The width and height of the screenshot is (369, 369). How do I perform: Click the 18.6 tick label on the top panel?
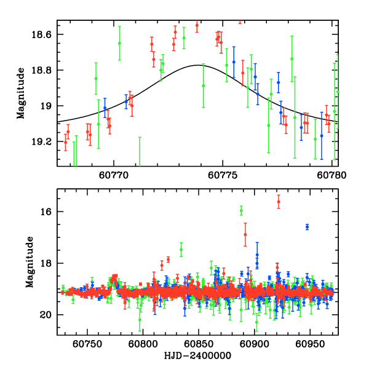pyautogui.click(x=43, y=34)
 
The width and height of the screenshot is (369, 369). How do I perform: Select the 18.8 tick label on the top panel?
pyautogui.click(x=43, y=70)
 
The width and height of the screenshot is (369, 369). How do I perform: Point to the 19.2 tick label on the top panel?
pyautogui.click(x=43, y=141)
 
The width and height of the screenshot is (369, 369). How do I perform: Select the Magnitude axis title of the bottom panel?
pyautogui.click(x=29, y=263)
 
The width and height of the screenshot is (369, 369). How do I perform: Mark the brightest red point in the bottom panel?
pyautogui.click(x=279, y=202)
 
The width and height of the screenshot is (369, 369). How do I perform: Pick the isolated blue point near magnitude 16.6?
pyautogui.click(x=307, y=227)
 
